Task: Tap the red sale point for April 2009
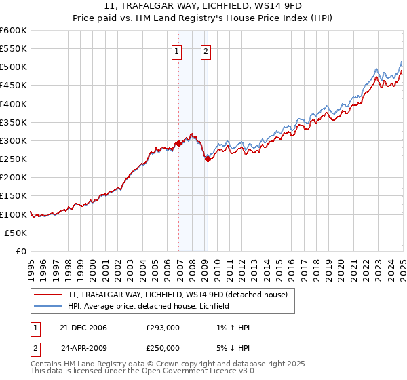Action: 208,159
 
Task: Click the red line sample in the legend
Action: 48,294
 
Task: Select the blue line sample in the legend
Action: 48,306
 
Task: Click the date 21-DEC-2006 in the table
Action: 83,328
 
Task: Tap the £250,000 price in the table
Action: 163,348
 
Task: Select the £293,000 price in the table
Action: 163,328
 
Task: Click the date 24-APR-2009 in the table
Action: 83,348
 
